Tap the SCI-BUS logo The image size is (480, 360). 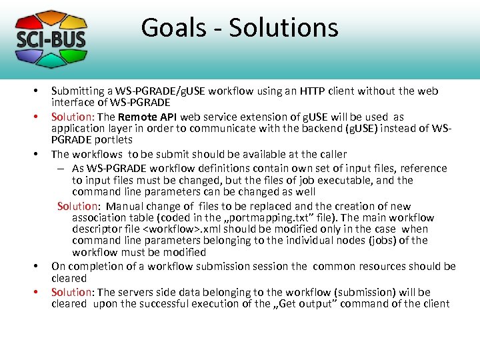pos(51,38)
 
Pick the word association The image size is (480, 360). pos(102,217)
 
